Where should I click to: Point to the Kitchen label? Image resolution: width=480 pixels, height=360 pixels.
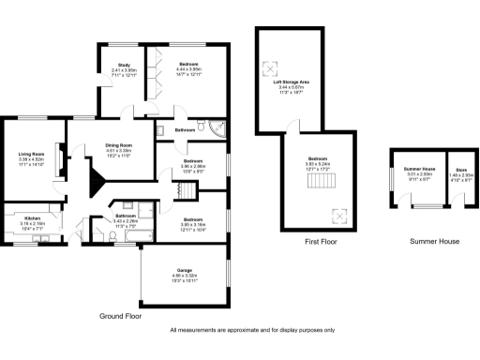pyautogui.click(x=32, y=218)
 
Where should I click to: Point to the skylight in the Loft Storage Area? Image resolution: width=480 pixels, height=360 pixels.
pyautogui.click(x=274, y=67)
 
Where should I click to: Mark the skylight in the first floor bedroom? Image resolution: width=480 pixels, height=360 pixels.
pyautogui.click(x=338, y=214)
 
